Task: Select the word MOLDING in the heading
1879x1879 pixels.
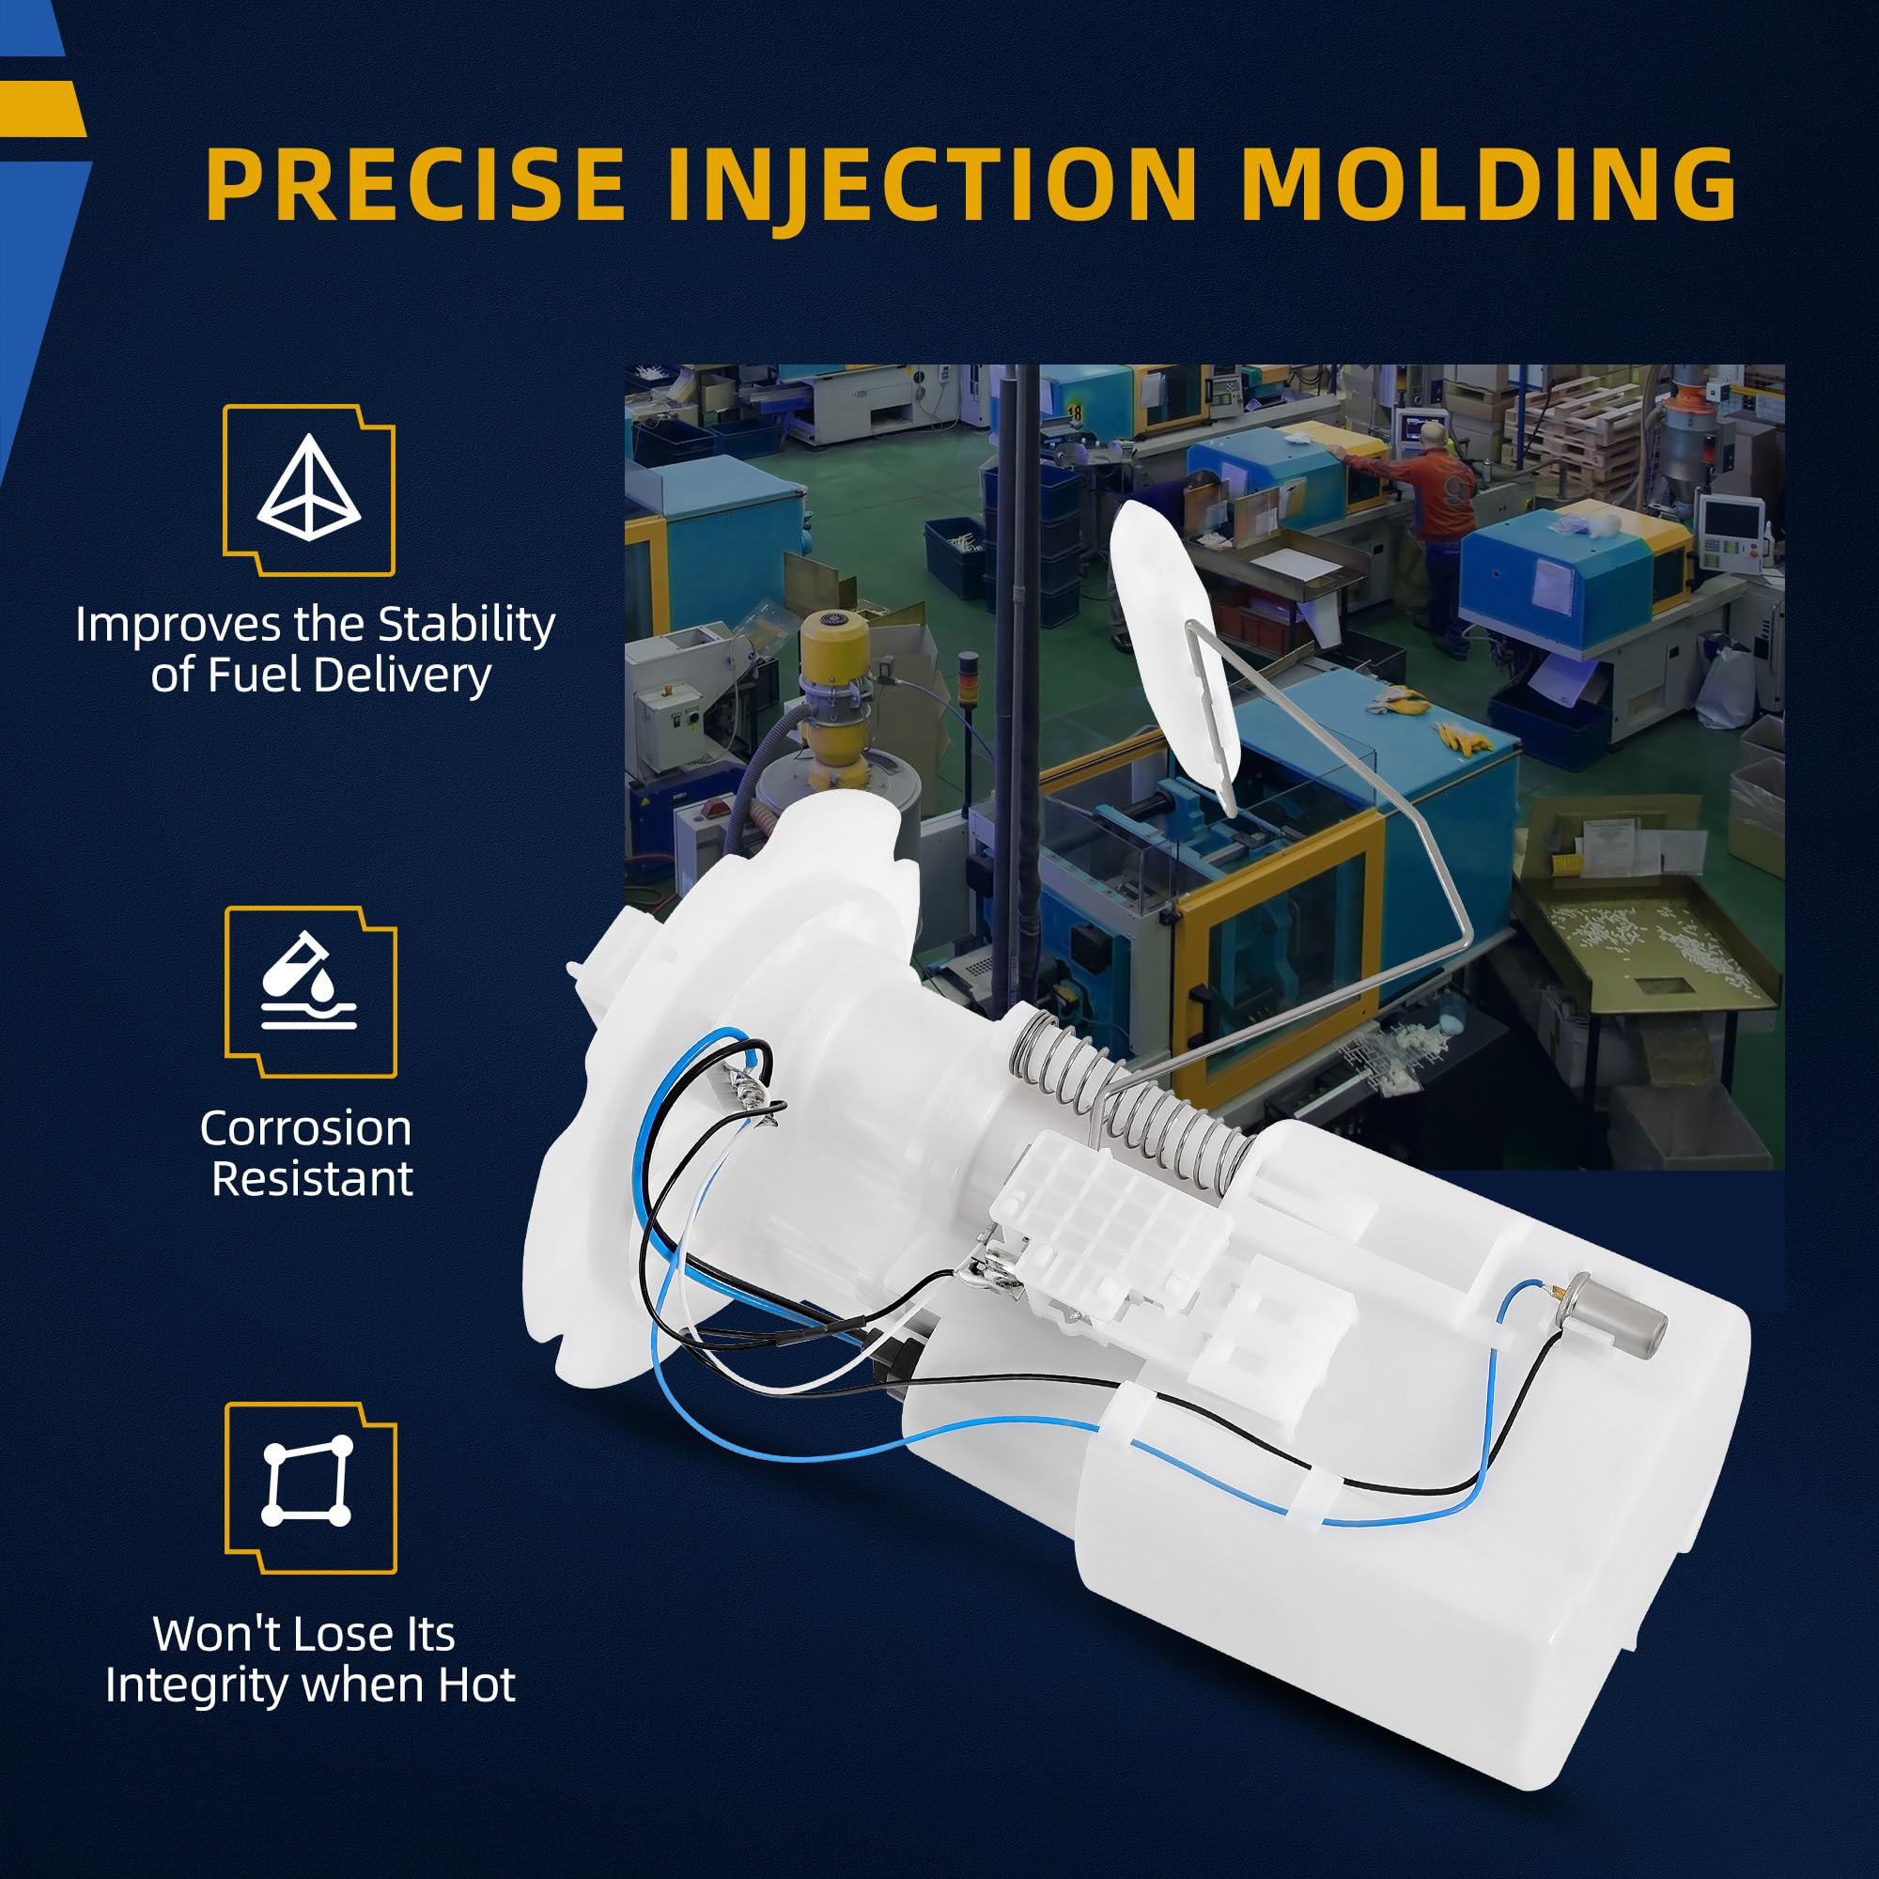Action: coord(1488,185)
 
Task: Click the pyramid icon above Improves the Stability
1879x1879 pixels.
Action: coord(309,489)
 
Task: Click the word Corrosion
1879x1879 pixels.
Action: coord(306,1128)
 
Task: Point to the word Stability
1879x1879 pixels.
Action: coord(467,626)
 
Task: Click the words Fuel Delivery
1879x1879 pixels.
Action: coord(321,675)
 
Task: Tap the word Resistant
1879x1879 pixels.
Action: coord(312,1180)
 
